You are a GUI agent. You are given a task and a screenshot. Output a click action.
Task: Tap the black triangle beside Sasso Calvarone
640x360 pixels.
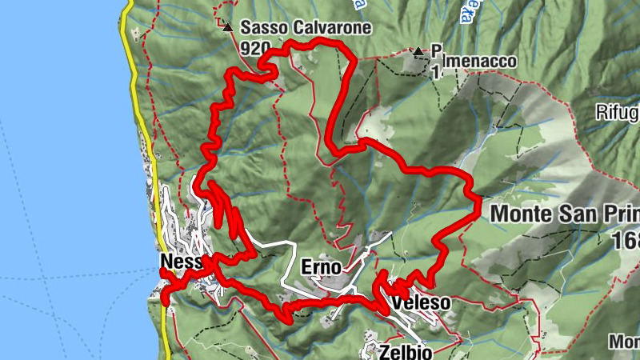coord(228,27)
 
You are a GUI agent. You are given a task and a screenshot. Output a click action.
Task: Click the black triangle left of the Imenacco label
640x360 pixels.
coord(418,52)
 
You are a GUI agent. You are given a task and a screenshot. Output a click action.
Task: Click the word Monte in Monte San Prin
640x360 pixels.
coord(523,214)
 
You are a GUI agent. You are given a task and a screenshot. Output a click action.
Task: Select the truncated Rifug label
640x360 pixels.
coord(618,113)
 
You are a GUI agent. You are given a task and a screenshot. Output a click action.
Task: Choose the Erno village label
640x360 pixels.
coord(322,266)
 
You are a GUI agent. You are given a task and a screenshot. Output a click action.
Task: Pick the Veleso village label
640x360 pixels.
coord(416,304)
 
